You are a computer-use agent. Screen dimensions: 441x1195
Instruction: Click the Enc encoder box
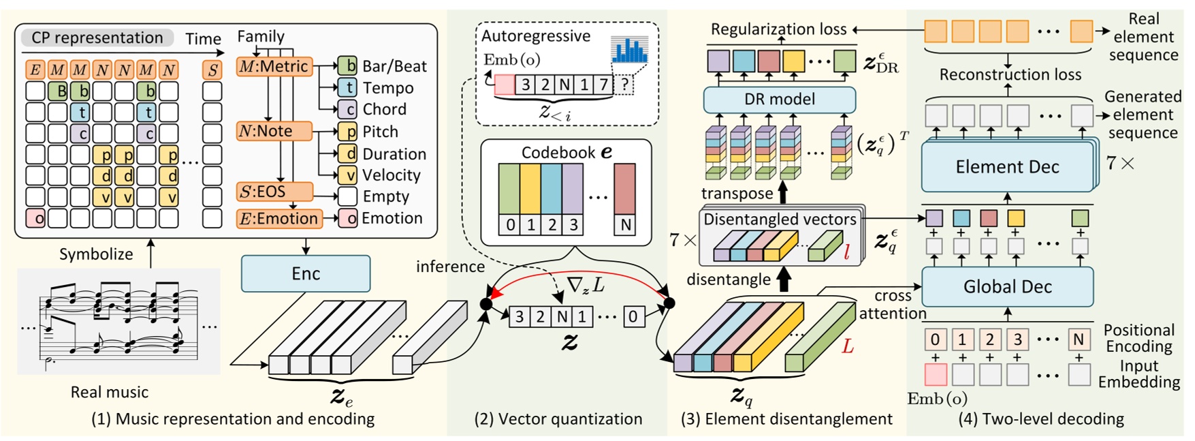click(306, 273)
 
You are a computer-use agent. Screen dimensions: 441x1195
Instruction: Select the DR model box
click(780, 100)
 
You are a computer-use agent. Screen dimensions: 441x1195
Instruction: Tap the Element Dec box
click(1007, 167)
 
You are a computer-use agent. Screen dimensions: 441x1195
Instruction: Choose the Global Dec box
click(1007, 287)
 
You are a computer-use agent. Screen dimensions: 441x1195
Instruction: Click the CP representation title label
click(97, 37)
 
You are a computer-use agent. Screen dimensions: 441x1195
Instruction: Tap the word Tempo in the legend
click(388, 88)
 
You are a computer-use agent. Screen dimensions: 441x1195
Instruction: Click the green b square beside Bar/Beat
click(348, 66)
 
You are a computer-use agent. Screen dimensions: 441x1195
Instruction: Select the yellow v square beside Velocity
click(348, 175)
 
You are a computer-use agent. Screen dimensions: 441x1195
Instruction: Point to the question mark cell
click(624, 85)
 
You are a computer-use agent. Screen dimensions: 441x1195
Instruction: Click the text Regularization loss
click(778, 29)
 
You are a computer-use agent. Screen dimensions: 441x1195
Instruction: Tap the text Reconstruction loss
click(1010, 74)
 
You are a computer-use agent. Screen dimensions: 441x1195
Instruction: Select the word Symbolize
click(96, 254)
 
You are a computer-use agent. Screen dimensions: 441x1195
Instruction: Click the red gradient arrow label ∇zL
click(586, 285)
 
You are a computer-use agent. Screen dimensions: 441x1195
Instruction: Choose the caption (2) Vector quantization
click(558, 419)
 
